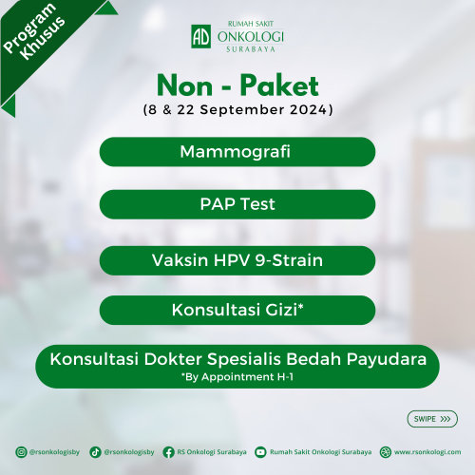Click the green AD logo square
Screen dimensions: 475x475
pos(201,36)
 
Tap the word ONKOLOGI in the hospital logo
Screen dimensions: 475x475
pos(250,37)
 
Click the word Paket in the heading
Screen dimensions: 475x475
pos(279,85)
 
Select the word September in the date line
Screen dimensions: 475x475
pos(242,110)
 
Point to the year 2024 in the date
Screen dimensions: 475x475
pos(309,109)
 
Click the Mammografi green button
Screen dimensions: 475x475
pos(237,152)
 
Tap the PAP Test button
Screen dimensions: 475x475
pos(237,204)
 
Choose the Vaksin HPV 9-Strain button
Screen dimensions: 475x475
pos(237,260)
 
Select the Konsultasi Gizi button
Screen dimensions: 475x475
pos(237,310)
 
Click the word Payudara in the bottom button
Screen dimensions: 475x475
pos(387,360)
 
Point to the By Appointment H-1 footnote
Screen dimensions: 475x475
pos(237,377)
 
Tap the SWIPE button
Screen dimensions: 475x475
pos(432,419)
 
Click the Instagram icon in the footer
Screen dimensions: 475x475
pos(21,452)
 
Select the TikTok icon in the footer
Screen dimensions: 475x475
pos(95,452)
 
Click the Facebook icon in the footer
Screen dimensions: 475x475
pos(168,452)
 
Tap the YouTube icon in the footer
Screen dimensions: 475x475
pos(260,452)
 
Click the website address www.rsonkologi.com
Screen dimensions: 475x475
pos(427,452)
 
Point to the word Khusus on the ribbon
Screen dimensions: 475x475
pos(43,38)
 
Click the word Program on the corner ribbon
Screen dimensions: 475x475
pos(29,28)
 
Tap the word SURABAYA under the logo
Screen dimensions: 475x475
pos(251,49)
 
